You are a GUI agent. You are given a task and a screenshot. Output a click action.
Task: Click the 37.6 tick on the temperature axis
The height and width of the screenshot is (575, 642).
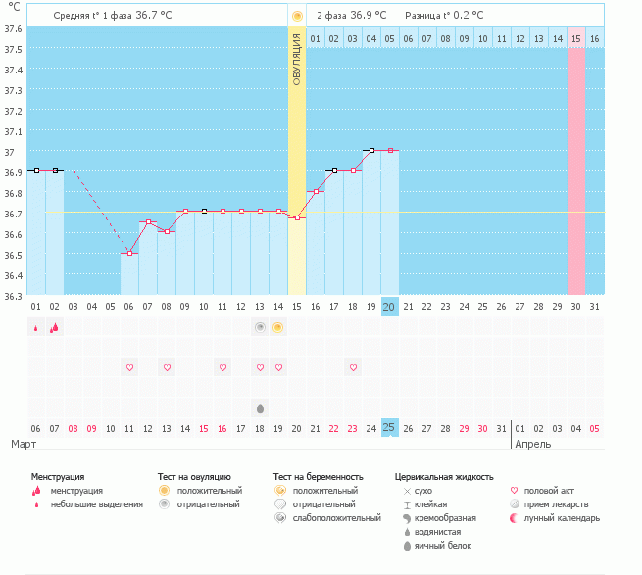click(13, 28)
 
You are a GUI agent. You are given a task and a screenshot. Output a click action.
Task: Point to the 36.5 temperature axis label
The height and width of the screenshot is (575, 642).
click(13, 255)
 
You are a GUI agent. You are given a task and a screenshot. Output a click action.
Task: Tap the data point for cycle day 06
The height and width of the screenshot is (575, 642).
click(129, 254)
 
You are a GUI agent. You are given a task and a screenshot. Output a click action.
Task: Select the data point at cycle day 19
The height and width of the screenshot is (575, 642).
click(371, 150)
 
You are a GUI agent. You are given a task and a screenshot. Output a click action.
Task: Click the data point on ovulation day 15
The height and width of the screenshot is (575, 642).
click(297, 217)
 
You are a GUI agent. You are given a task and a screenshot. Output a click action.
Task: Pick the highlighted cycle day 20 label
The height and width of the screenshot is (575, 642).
click(389, 307)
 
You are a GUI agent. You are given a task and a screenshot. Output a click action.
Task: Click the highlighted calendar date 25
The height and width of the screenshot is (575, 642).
click(389, 428)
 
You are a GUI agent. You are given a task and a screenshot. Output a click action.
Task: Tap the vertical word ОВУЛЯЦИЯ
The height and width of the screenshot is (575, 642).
click(297, 60)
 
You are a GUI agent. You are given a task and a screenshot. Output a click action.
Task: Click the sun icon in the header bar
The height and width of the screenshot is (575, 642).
click(297, 16)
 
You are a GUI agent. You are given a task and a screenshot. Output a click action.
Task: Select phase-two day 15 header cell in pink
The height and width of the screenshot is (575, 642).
click(576, 39)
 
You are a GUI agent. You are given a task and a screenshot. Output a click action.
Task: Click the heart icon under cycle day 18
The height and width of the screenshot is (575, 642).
click(354, 367)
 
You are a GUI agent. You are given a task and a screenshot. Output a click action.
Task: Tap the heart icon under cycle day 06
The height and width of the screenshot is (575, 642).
click(129, 367)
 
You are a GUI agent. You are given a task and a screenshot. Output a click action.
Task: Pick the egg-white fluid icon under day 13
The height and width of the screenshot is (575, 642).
click(260, 408)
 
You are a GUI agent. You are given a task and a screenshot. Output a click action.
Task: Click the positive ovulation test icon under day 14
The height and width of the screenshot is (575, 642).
click(278, 327)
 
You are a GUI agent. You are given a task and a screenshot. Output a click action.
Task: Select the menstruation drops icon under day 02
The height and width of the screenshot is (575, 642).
click(55, 327)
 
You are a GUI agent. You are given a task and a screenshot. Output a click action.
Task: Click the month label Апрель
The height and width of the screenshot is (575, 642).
click(533, 445)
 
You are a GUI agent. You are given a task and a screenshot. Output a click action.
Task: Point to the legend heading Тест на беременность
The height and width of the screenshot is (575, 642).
click(319, 477)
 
